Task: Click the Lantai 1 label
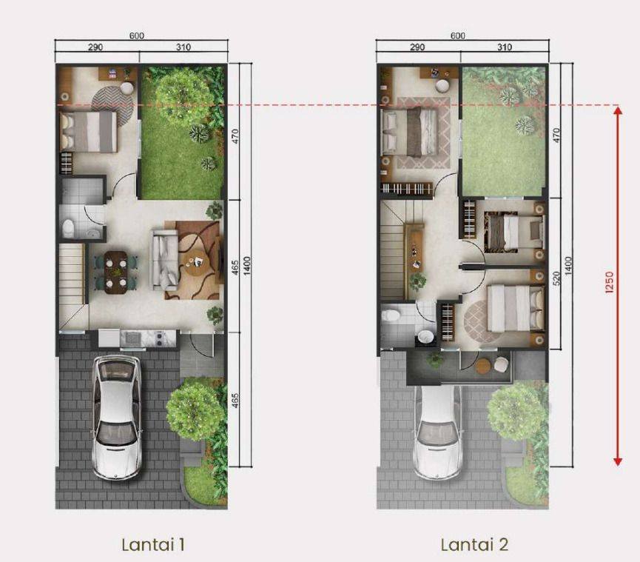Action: pyautogui.click(x=153, y=544)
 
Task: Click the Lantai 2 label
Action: pyautogui.click(x=474, y=544)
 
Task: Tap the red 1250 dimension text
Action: pyautogui.click(x=609, y=283)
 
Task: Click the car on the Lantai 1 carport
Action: pyautogui.click(x=117, y=417)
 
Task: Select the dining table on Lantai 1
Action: pyautogui.click(x=115, y=272)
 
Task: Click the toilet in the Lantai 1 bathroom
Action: pyautogui.click(x=69, y=227)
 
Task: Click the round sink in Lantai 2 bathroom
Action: pyautogui.click(x=425, y=337)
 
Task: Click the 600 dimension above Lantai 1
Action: pyautogui.click(x=137, y=36)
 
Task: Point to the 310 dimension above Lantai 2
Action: pyautogui.click(x=505, y=47)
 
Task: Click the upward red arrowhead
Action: pyautogui.click(x=619, y=110)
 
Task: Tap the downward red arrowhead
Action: pyautogui.click(x=619, y=461)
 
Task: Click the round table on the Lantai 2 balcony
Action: pyautogui.click(x=484, y=366)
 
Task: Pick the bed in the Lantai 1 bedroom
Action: pyautogui.click(x=89, y=132)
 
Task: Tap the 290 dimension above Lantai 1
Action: pyautogui.click(x=95, y=47)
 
